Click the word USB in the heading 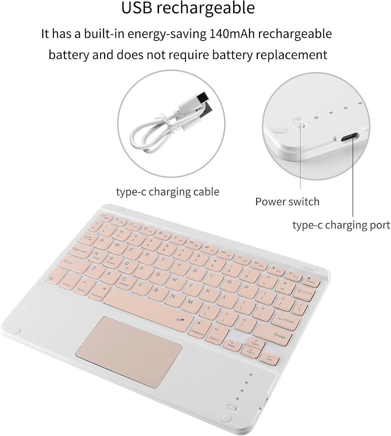(137, 8)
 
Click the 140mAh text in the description (232, 34)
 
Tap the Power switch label (287, 202)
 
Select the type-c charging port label (341, 225)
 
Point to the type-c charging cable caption (167, 192)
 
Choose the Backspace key (304, 292)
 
